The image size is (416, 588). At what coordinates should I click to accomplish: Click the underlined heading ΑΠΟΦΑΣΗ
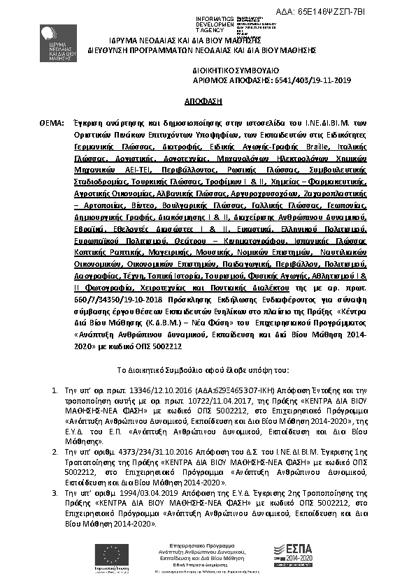click(208, 101)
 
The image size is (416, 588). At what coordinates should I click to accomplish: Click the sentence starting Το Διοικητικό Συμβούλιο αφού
click(208, 368)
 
